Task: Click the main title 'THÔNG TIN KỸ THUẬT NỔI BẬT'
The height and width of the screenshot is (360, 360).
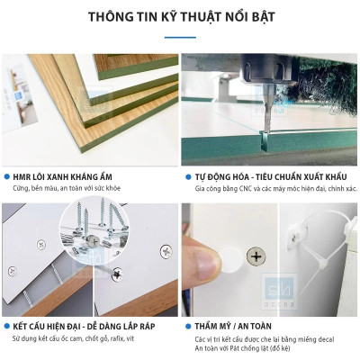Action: (179, 18)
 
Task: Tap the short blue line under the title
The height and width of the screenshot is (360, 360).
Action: (179, 38)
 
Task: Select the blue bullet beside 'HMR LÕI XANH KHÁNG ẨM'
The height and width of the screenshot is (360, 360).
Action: (8, 178)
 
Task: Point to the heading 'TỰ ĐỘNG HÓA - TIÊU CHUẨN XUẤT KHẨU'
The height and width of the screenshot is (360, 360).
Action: (262, 178)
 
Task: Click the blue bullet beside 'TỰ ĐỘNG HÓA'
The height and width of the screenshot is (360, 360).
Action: (186, 178)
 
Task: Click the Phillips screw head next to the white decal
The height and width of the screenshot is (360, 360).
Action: (256, 258)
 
